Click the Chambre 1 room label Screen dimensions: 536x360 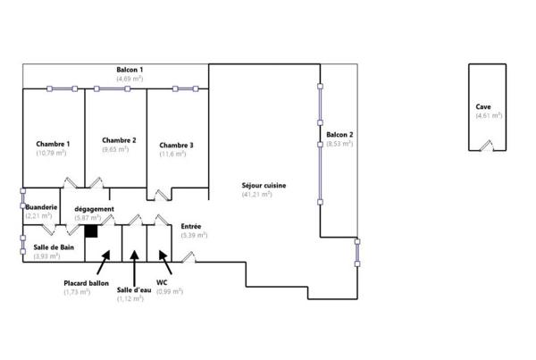point(53,144)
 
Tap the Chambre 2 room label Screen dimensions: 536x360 point(119,140)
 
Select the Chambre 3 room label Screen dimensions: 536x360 point(176,146)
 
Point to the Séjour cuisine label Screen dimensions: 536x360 point(264,186)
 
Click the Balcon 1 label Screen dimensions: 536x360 point(130,70)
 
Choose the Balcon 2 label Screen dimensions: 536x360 point(339,135)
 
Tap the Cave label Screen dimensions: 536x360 point(483,106)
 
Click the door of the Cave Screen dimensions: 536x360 point(487,146)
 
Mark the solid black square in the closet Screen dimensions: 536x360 point(91,231)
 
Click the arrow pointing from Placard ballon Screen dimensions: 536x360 point(104,263)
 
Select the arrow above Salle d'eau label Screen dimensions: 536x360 point(134,268)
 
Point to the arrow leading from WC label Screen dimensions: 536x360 point(165,263)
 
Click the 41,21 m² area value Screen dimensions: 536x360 point(256,195)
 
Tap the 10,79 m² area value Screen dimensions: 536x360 point(51,153)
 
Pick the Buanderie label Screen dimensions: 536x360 point(41,207)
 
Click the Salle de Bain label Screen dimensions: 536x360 point(54,247)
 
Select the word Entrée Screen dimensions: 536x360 point(191,226)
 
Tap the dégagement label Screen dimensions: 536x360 point(95,209)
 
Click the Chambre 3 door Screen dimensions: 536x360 point(163,195)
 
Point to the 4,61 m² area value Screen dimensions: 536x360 point(489,115)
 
